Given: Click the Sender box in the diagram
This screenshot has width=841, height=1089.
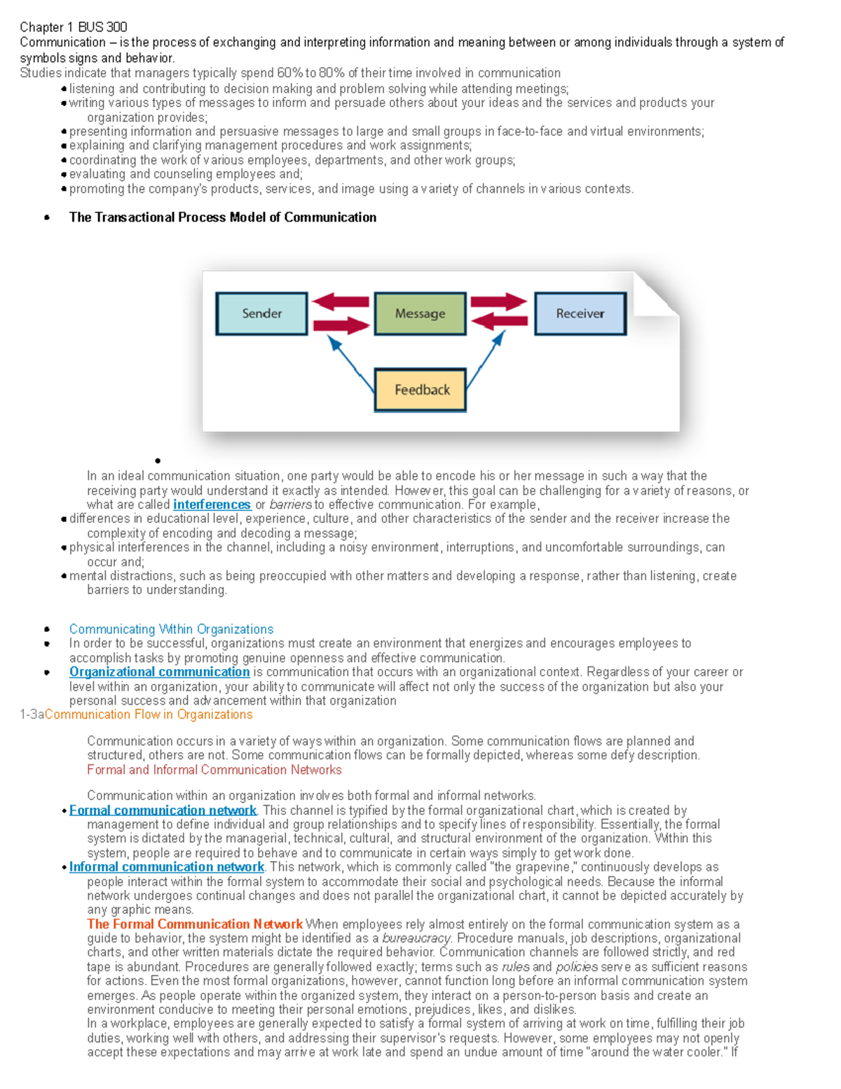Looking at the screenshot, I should point(261,313).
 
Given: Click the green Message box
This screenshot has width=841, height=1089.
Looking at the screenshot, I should point(420,313).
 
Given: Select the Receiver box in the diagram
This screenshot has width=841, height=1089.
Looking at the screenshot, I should point(580,313).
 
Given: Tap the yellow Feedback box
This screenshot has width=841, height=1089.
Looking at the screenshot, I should point(420,390).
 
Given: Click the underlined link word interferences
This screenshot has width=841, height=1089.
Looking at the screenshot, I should point(212,505).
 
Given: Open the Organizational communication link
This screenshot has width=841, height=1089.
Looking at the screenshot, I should point(159,672).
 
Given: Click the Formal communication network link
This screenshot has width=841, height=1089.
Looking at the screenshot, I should point(163,810).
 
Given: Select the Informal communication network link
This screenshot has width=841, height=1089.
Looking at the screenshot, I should point(166,867).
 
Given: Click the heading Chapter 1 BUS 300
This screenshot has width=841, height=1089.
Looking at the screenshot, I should point(74,27).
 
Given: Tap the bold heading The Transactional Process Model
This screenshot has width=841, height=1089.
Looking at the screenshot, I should point(222,217).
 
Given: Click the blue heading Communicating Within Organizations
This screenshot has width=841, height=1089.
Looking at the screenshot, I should point(171,629).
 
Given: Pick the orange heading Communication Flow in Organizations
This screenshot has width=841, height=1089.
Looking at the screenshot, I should point(149,715).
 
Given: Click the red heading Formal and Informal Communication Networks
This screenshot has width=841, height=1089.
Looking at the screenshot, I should point(214,770).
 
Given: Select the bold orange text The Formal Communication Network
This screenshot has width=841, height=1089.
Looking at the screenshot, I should point(195,924).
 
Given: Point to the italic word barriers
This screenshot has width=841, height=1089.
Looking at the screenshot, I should point(291,505).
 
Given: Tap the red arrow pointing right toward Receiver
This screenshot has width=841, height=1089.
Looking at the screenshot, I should point(498,302).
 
